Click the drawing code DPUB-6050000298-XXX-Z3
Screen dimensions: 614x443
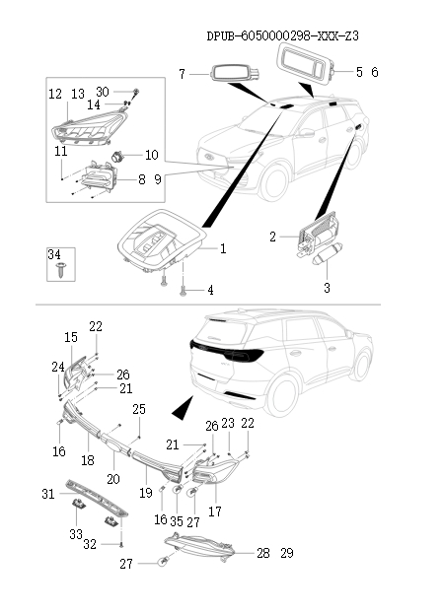click(x=282, y=35)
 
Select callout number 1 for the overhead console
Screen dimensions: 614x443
click(x=223, y=249)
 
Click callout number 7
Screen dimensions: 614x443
click(x=182, y=74)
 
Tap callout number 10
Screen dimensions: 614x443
click(x=151, y=155)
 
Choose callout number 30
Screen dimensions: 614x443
click(x=103, y=92)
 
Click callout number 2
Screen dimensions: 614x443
click(x=273, y=237)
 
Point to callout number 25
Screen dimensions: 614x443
click(x=139, y=409)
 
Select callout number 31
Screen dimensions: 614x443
click(x=48, y=494)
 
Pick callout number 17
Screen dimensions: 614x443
click(x=215, y=512)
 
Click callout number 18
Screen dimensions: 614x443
click(x=87, y=460)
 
